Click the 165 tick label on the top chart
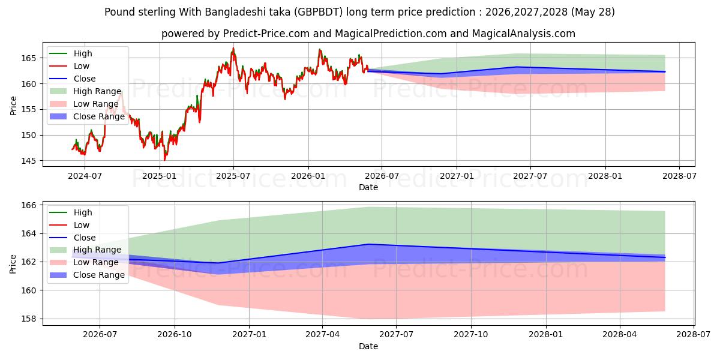[x=28, y=58]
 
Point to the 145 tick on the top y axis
[x=28, y=161]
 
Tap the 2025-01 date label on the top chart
[x=160, y=176]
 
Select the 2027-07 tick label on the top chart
[x=530, y=176]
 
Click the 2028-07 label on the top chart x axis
[x=679, y=176]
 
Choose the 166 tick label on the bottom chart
[x=28, y=205]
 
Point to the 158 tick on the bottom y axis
[x=28, y=319]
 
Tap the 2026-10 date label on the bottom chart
[x=175, y=335]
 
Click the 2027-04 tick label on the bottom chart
[x=322, y=335]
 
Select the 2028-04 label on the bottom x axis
[x=620, y=335]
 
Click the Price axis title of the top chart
[x=13, y=106]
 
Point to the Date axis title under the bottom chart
[x=368, y=346]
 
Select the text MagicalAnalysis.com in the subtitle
[x=523, y=34]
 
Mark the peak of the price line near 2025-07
[x=233, y=49]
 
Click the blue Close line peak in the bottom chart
[x=369, y=244]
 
